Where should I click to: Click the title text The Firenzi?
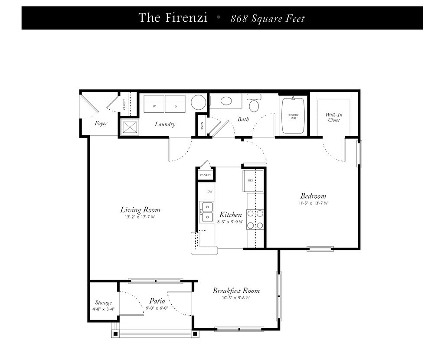point(173,17)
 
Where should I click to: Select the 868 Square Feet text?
point(268,19)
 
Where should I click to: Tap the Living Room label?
point(140,210)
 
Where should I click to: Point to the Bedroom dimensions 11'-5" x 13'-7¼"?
point(313,203)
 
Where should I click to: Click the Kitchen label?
point(231,215)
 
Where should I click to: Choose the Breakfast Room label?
point(236,291)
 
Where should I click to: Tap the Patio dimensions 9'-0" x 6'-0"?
point(157,308)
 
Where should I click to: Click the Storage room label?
point(103,303)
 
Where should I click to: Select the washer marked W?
point(154,104)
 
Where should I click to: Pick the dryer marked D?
point(175,104)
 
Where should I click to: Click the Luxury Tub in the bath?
point(293,115)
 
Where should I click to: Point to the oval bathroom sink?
point(225,101)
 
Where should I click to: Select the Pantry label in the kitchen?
point(206,175)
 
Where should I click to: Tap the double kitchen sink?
point(206,212)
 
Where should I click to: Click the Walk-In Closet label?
point(334,117)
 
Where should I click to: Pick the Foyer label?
point(101,124)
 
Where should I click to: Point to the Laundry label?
point(165,124)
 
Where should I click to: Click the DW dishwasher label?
point(210,192)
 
